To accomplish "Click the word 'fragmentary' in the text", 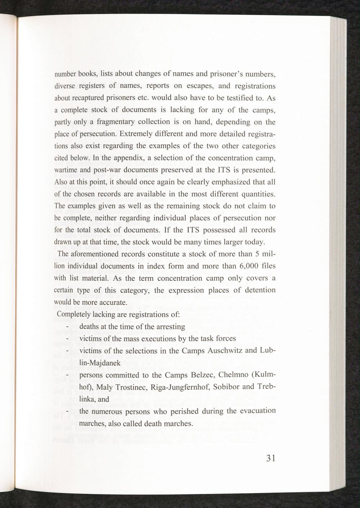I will pyautogui.click(x=115, y=122).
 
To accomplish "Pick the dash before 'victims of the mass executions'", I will pyautogui.click(x=67, y=339).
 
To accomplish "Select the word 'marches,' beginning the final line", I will pyautogui.click(x=92, y=423).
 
